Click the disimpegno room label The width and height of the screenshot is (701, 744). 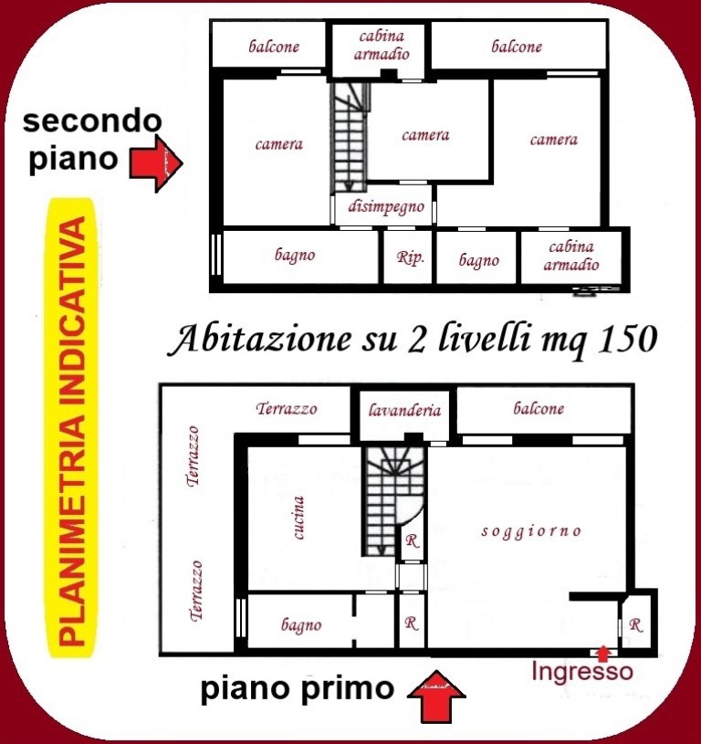coord(385,207)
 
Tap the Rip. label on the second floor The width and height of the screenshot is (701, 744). coord(410,257)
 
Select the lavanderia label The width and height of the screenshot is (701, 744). coord(404,410)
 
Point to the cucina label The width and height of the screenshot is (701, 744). coord(298,518)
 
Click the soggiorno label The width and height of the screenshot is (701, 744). coord(531,531)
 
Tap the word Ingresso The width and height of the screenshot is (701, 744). coord(582,672)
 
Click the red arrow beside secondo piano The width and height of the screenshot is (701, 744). coord(156,164)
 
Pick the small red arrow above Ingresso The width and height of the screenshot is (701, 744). coord(602,653)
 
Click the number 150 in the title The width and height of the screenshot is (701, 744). coord(627,340)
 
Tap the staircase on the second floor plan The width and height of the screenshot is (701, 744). coord(350,138)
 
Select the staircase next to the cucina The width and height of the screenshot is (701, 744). coord(393,501)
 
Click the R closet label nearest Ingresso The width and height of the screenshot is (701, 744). coord(635,625)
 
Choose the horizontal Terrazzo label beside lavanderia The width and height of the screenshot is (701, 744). coord(287,409)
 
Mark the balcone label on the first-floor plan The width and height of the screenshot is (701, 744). coord(539,408)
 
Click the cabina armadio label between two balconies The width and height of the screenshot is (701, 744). coord(382,45)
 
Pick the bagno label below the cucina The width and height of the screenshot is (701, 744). coord(301,625)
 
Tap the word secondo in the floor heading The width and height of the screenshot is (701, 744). coord(92,121)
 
